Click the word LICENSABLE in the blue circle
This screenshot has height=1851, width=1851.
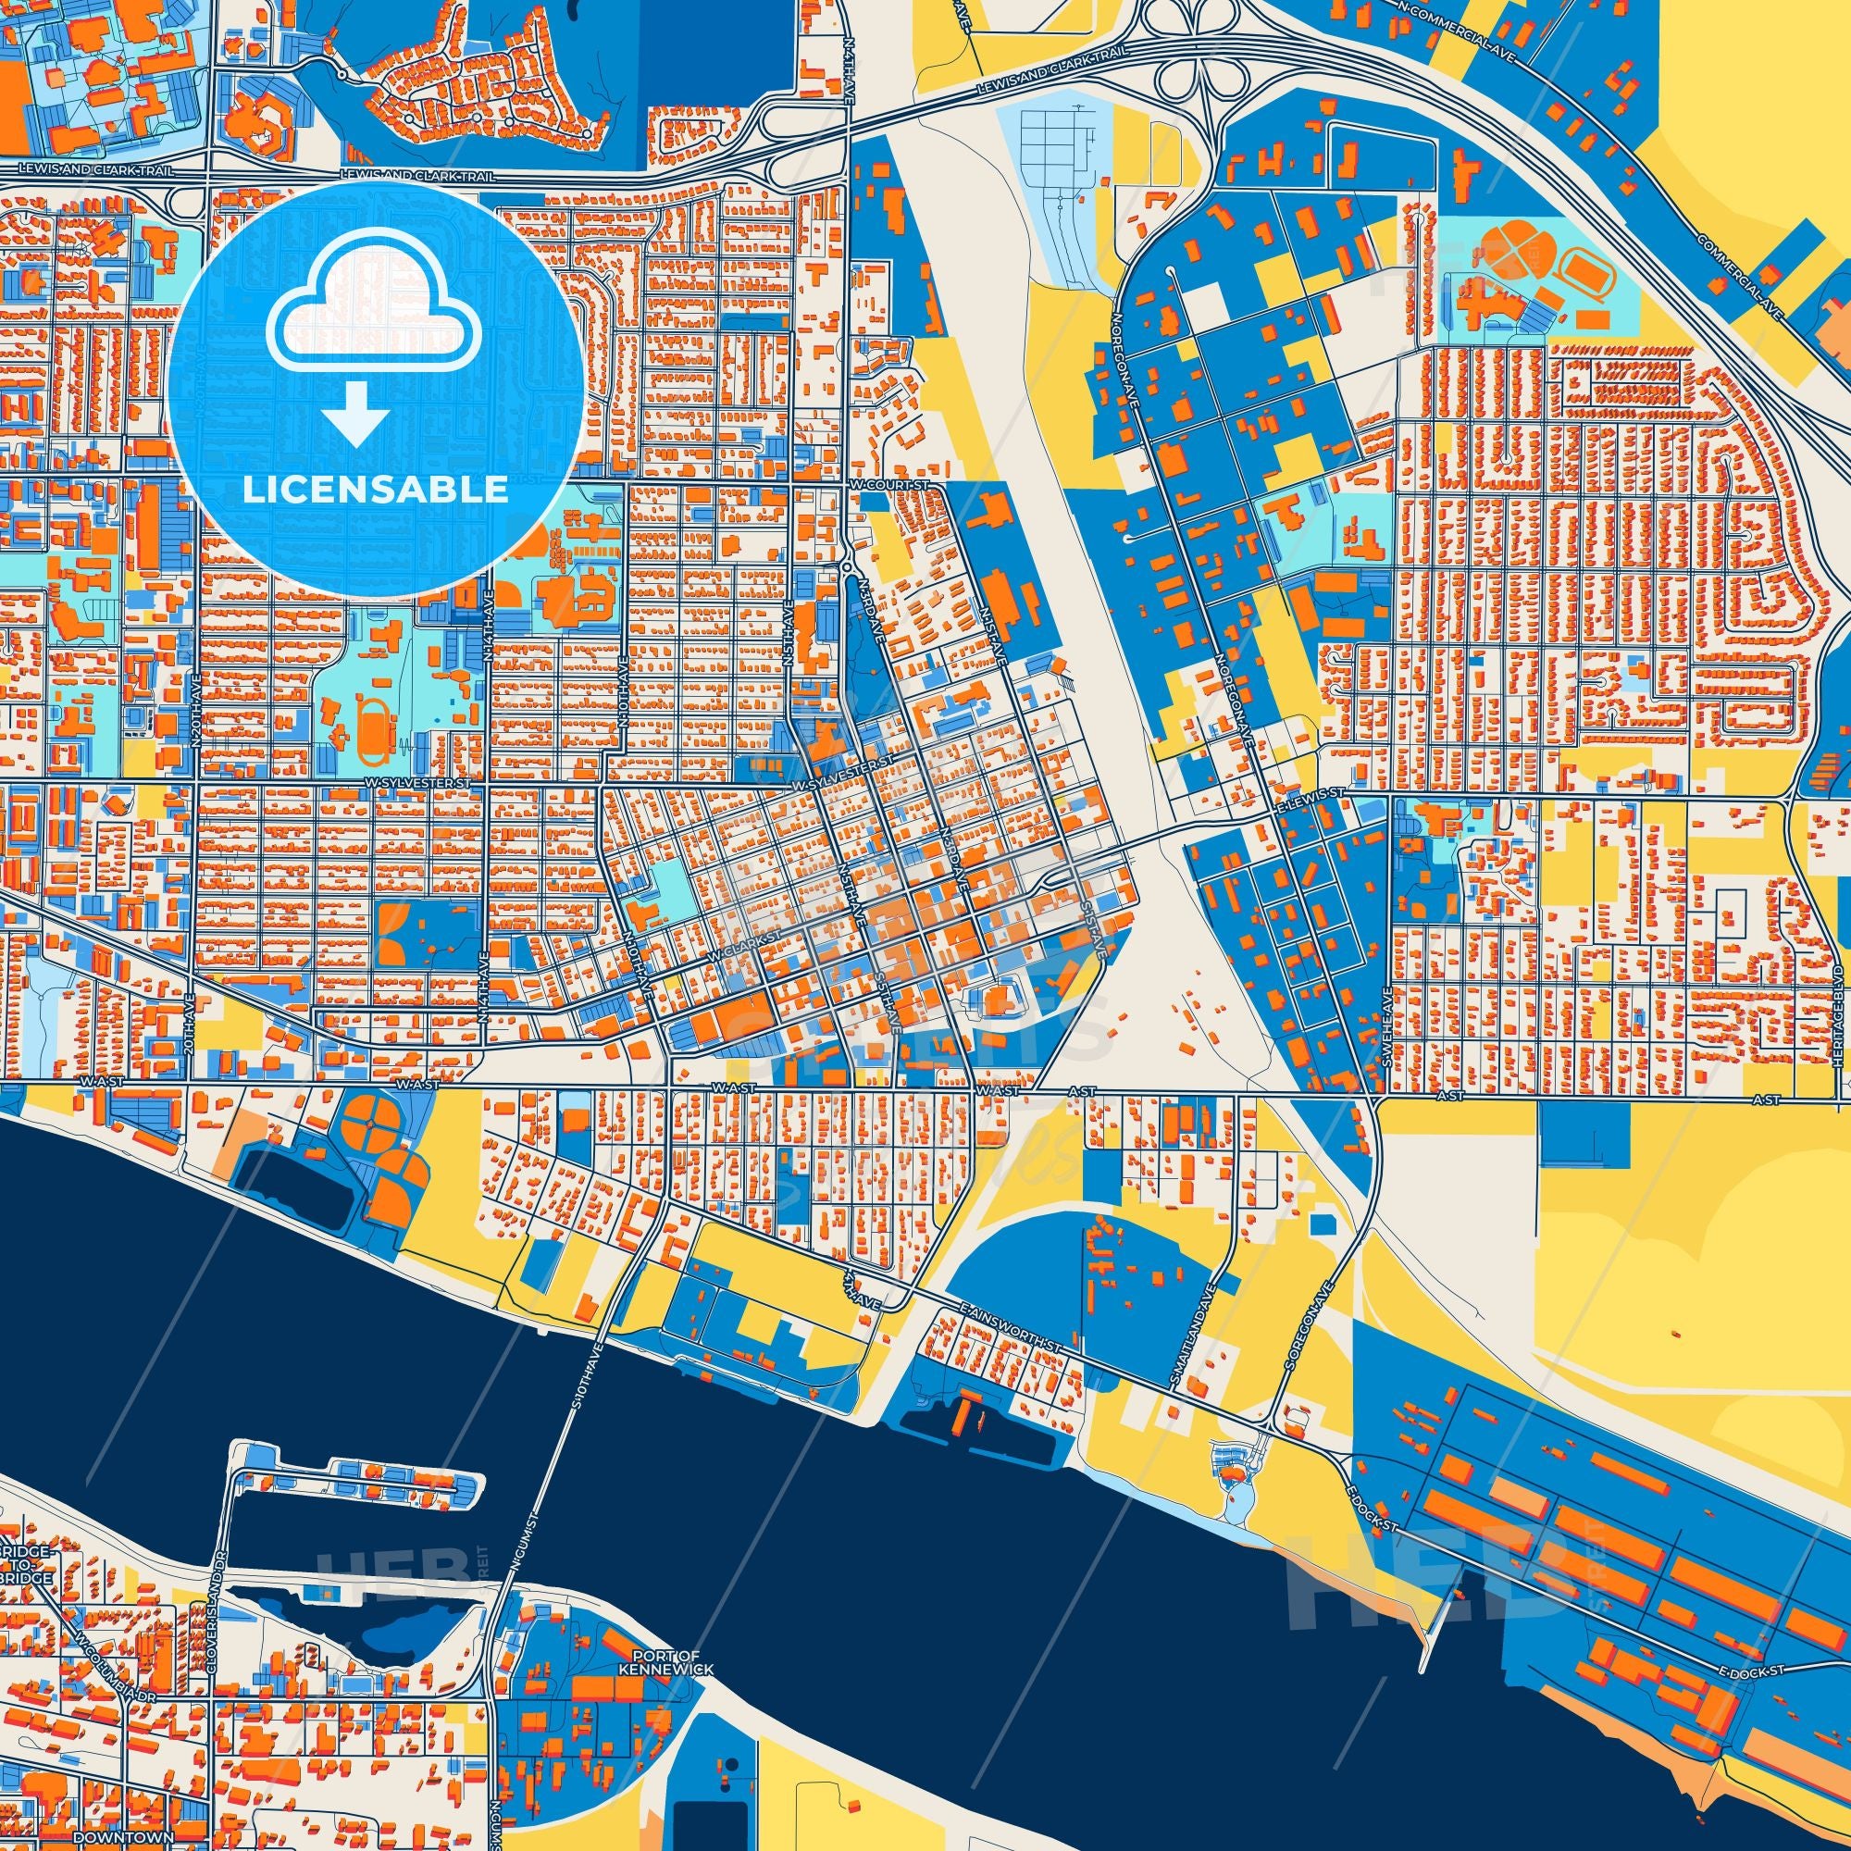point(375,489)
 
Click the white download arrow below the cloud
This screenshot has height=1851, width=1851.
point(354,415)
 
